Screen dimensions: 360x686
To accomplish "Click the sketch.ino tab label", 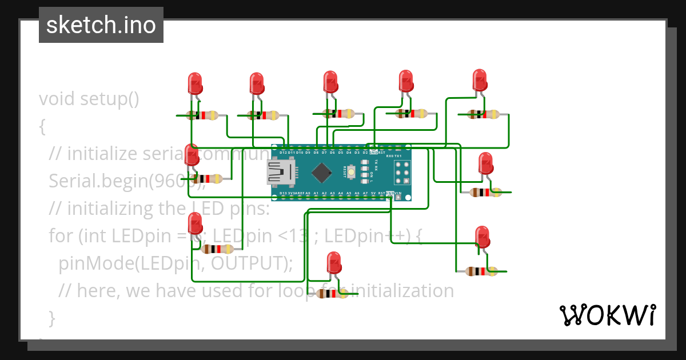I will click(x=101, y=25).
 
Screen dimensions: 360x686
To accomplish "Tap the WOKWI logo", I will click(x=607, y=315).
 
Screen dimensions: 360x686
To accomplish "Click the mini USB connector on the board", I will click(x=280, y=172).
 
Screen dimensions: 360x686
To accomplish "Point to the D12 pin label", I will click(x=283, y=153).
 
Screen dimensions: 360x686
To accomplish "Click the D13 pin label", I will click(x=283, y=194).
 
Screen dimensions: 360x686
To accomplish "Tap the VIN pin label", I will click(x=398, y=194).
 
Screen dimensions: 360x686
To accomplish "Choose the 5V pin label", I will click(x=373, y=194).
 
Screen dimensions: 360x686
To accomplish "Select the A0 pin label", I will click(x=308, y=194).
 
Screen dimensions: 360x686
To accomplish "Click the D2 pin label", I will click(x=365, y=153).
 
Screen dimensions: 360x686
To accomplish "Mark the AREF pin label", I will click(x=299, y=194).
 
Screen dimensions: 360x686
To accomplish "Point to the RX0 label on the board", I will click(x=390, y=156).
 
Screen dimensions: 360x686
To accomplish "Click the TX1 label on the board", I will click(x=398, y=156).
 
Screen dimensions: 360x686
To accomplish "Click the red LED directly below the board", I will click(x=333, y=264).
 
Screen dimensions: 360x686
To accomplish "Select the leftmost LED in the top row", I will click(x=195, y=83).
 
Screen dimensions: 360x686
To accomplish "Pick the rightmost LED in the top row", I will click(x=479, y=80).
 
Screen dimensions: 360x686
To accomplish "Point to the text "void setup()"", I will click(x=89, y=99).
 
